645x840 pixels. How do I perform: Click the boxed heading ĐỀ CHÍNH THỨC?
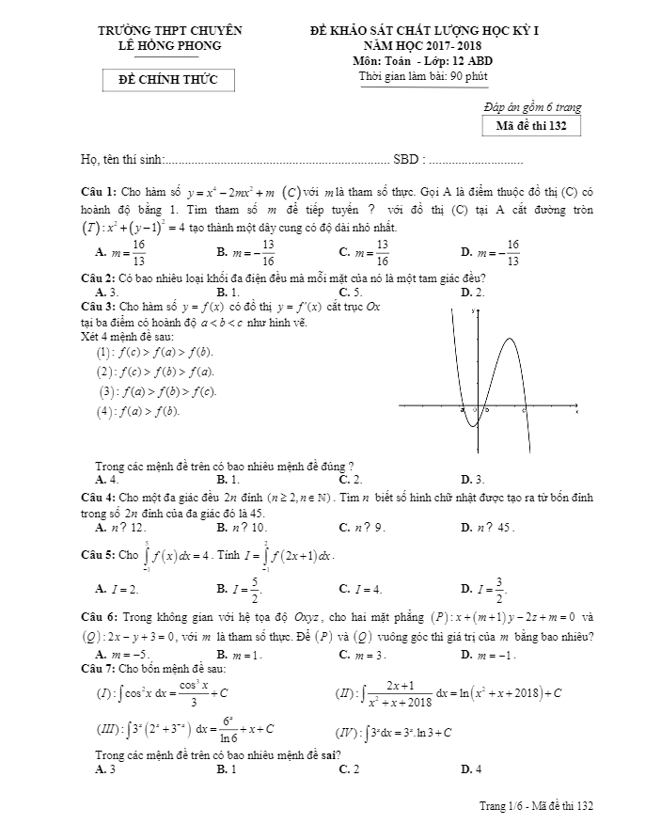click(x=169, y=80)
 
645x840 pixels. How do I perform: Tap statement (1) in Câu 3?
click(x=154, y=352)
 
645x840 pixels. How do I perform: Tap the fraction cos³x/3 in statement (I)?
click(x=193, y=692)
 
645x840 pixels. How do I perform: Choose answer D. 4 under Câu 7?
click(x=471, y=769)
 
